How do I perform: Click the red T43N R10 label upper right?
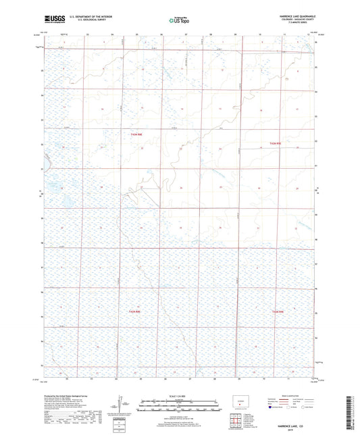pos(274,143)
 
